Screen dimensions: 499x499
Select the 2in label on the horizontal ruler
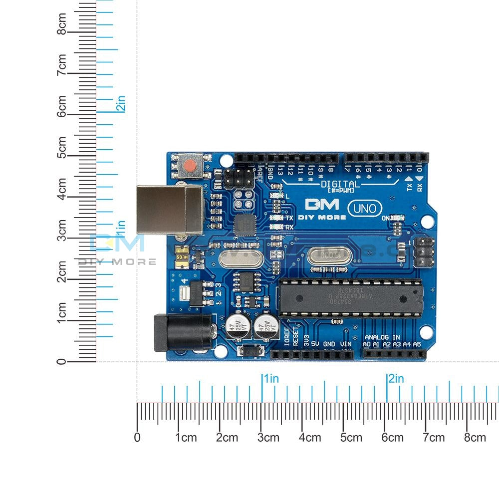(x=396, y=379)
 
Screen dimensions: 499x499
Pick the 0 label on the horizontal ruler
(x=137, y=438)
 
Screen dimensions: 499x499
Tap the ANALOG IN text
(x=382, y=337)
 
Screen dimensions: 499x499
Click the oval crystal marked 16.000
(x=329, y=255)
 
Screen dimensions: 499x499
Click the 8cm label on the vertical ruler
(x=62, y=23)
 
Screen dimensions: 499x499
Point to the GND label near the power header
(x=329, y=344)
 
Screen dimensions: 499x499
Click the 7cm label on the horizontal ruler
(x=433, y=438)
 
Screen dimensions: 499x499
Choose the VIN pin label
(x=345, y=344)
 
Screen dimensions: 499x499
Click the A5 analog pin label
(x=417, y=344)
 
